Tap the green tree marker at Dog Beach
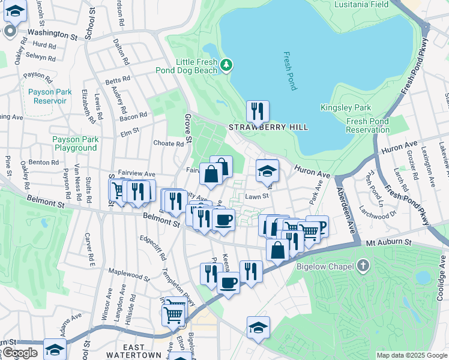click(x=226, y=64)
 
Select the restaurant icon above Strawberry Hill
click(x=258, y=111)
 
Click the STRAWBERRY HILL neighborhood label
click(x=268, y=127)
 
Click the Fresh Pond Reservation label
click(x=368, y=125)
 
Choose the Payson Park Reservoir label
click(x=47, y=97)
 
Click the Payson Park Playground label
click(x=75, y=143)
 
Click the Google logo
click(x=20, y=353)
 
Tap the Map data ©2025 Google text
click(x=411, y=355)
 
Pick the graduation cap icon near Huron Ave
click(x=267, y=170)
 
